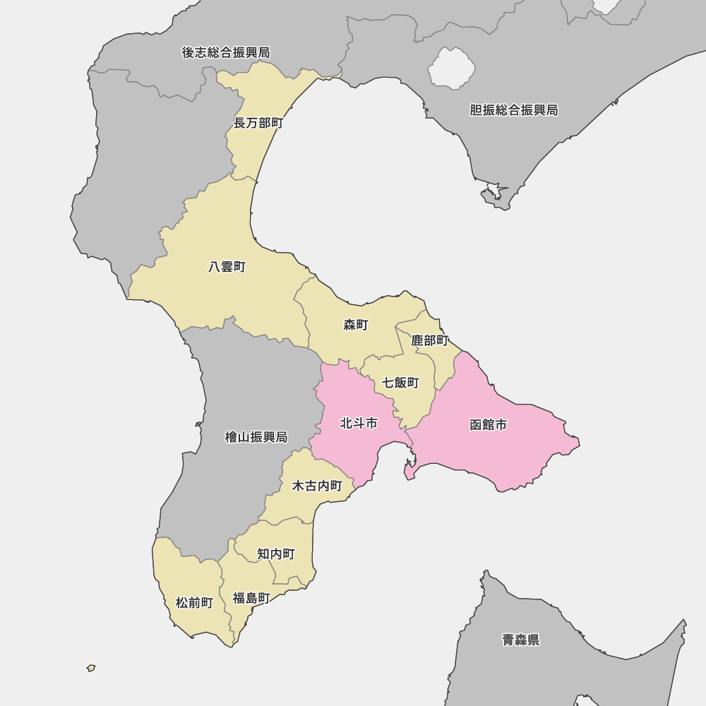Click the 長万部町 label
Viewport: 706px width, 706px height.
[258, 124]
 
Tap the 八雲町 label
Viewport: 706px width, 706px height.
[227, 267]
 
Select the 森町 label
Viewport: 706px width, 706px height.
[356, 325]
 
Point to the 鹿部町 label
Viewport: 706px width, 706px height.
[430, 341]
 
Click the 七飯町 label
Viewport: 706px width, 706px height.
[400, 383]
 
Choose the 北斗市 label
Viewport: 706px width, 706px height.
[359, 424]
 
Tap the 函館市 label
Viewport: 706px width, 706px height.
[489, 425]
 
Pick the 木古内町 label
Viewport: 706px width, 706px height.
[317, 486]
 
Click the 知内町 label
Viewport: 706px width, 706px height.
[276, 554]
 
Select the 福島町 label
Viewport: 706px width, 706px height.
[251, 599]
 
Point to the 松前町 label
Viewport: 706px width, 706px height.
[194, 603]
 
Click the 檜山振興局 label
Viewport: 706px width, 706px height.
[256, 438]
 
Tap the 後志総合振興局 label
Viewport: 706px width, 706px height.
[226, 53]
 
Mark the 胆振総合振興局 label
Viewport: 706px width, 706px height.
[514, 110]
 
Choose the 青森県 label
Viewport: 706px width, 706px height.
[521, 640]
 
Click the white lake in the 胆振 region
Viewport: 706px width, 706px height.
[451, 68]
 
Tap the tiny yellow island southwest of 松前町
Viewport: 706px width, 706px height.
[91, 667]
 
